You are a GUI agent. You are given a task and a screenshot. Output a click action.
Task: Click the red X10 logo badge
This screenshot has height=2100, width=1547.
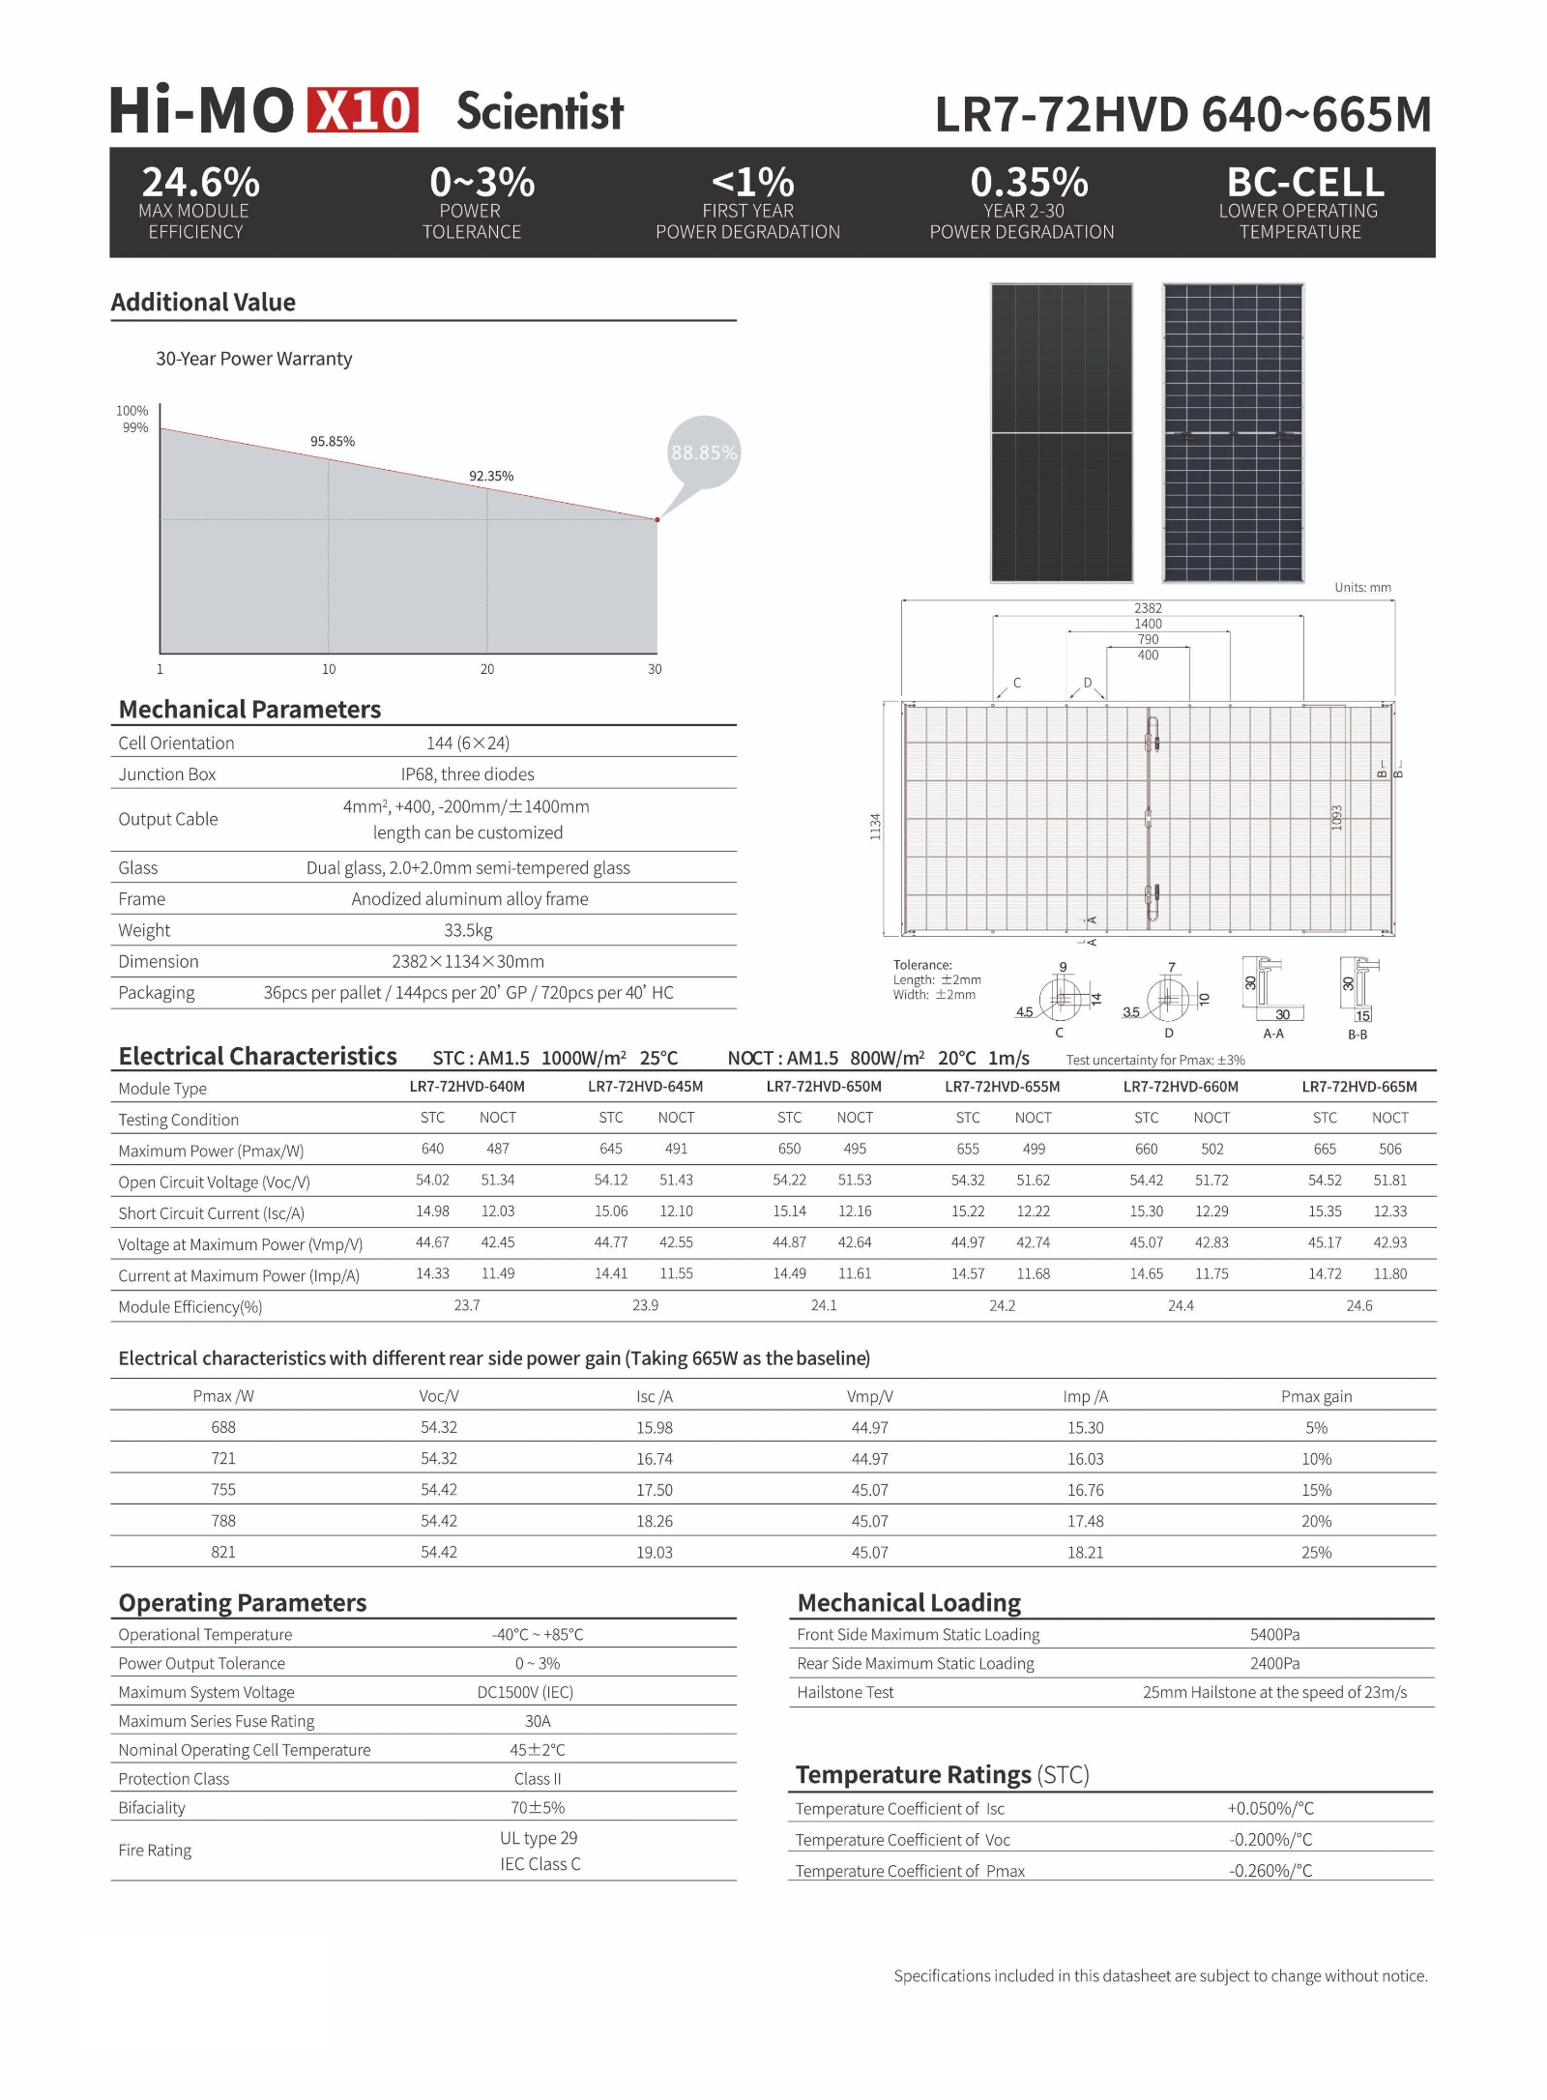click(x=363, y=109)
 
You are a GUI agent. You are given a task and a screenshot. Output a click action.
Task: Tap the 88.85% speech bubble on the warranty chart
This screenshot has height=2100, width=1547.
click(x=704, y=452)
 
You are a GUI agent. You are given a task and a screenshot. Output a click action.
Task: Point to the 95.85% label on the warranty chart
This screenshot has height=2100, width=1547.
click(x=333, y=442)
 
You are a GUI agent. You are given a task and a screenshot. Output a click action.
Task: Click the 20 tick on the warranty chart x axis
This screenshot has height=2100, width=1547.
click(x=487, y=669)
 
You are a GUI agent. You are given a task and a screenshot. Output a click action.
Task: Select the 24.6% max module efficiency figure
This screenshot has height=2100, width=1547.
click(x=200, y=182)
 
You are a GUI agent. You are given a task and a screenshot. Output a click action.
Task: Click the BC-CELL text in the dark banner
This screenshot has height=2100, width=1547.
click(x=1305, y=182)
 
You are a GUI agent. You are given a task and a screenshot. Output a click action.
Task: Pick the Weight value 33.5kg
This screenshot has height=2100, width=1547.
click(x=468, y=930)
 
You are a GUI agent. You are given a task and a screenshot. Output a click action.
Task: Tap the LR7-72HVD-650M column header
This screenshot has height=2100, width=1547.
click(x=824, y=1087)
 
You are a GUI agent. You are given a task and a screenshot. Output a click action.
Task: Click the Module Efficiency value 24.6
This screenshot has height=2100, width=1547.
click(x=1358, y=1305)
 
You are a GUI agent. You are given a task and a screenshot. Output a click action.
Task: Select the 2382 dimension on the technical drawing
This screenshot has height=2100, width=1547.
click(x=1148, y=608)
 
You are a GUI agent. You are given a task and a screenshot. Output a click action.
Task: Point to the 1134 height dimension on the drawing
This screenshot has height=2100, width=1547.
click(x=876, y=826)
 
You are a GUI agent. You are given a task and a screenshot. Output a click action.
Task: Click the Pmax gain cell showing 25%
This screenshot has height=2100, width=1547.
click(x=1316, y=1552)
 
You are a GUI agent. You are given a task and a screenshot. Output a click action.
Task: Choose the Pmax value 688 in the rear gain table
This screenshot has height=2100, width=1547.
click(x=223, y=1427)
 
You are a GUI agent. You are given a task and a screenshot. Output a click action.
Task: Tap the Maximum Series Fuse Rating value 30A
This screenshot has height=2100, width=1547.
click(x=538, y=1721)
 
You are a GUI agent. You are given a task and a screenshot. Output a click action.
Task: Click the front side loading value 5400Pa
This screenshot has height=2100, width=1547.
click(x=1274, y=1634)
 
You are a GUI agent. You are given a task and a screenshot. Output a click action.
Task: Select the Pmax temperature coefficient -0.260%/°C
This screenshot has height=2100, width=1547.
click(x=1270, y=1871)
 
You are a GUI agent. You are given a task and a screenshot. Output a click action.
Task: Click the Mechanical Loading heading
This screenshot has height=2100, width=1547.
click(x=909, y=1603)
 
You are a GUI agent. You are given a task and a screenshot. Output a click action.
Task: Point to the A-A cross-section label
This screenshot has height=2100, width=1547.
click(x=1273, y=1034)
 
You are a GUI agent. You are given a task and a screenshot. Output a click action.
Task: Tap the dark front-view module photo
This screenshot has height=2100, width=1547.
click(x=1062, y=433)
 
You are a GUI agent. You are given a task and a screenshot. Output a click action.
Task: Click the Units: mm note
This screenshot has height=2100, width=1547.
click(x=1362, y=588)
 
